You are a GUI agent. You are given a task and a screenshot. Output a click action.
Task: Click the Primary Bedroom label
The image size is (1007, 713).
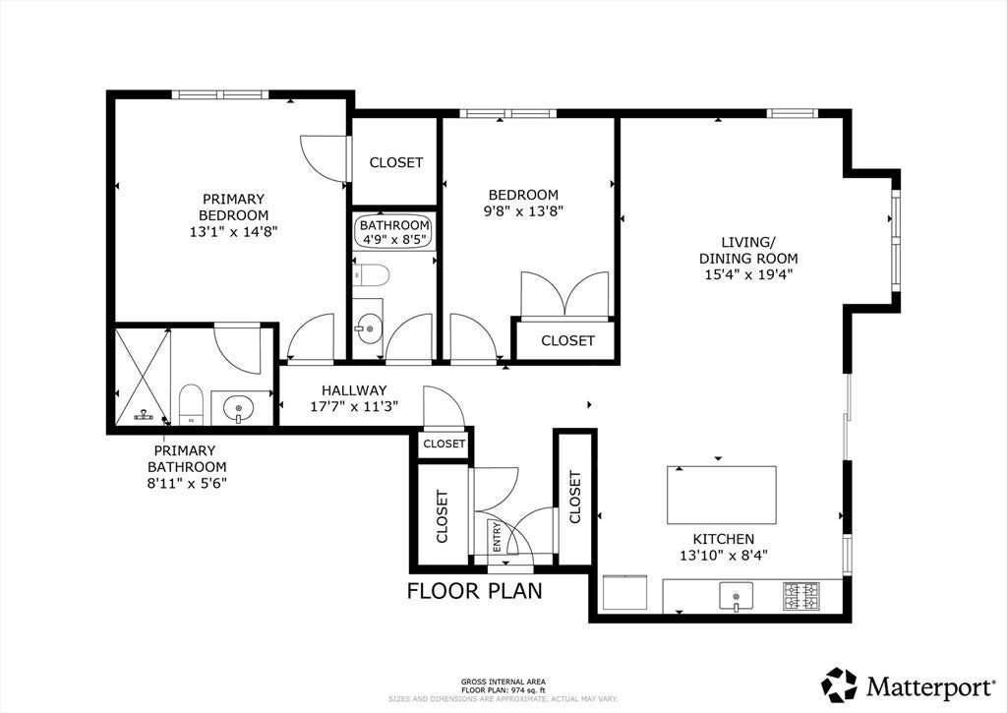(233, 207)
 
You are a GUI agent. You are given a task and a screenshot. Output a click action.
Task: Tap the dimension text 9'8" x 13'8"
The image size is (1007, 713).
(523, 210)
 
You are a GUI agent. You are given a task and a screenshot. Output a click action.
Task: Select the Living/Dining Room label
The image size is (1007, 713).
(748, 251)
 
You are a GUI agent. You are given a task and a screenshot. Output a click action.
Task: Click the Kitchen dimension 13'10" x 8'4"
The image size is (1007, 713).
(724, 555)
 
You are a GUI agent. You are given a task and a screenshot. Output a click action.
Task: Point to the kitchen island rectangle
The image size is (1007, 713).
(721, 496)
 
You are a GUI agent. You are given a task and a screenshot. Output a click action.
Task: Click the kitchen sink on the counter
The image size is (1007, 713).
(736, 597)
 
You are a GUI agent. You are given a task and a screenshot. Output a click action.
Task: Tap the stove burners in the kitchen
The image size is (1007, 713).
(801, 595)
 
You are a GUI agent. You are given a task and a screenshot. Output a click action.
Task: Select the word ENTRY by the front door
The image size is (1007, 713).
(497, 537)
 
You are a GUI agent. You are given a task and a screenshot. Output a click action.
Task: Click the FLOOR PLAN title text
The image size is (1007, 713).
(475, 590)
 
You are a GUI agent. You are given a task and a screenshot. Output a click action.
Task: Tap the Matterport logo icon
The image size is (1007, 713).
(840, 684)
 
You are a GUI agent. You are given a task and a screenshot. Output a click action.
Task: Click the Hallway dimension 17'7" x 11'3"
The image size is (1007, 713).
(354, 406)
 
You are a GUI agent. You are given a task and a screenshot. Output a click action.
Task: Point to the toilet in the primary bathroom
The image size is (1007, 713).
(191, 404)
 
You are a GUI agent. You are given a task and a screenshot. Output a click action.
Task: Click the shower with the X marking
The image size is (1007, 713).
(143, 377)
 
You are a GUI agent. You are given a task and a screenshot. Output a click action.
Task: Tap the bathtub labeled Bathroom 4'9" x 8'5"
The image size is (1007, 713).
(393, 231)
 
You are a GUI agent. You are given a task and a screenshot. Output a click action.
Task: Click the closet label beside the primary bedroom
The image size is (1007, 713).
(396, 162)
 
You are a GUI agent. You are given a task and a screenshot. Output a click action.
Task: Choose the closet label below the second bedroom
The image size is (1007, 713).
(567, 340)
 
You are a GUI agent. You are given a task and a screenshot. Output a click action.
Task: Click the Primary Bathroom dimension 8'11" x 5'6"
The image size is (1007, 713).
(187, 483)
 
